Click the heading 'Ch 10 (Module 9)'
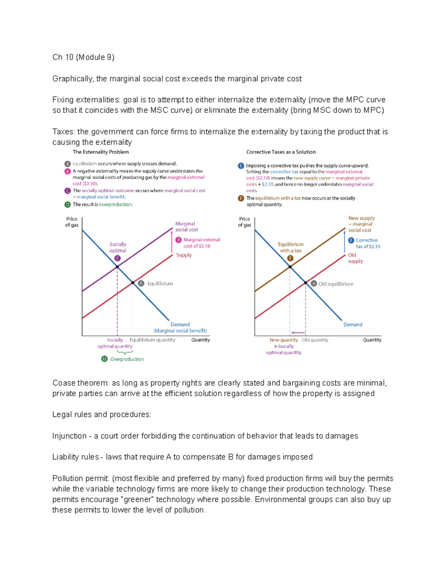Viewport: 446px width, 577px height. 83,57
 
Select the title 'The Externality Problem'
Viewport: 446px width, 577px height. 101,152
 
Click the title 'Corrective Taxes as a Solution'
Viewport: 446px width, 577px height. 281,152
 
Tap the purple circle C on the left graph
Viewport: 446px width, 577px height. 117,258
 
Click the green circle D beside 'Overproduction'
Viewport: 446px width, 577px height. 104,359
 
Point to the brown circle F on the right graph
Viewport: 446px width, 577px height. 290,258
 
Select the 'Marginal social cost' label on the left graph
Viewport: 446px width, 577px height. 186,227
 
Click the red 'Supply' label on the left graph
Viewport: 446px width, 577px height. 184,255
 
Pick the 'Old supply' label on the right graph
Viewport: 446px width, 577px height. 355,258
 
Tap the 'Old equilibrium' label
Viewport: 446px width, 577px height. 336,284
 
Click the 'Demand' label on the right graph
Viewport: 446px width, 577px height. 353,324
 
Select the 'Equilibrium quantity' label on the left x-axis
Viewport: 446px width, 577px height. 152,340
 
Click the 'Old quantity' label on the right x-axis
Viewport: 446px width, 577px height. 315,340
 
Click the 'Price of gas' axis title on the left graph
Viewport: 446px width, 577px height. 72,222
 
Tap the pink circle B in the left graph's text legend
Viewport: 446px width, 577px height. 68,171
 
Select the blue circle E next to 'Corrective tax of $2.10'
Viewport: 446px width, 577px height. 351,240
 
